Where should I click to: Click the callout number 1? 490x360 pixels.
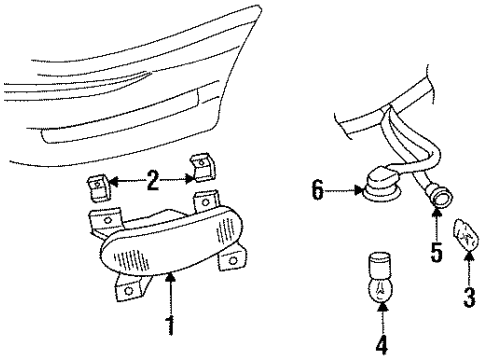[171, 325]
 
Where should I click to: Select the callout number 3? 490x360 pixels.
[468, 296]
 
